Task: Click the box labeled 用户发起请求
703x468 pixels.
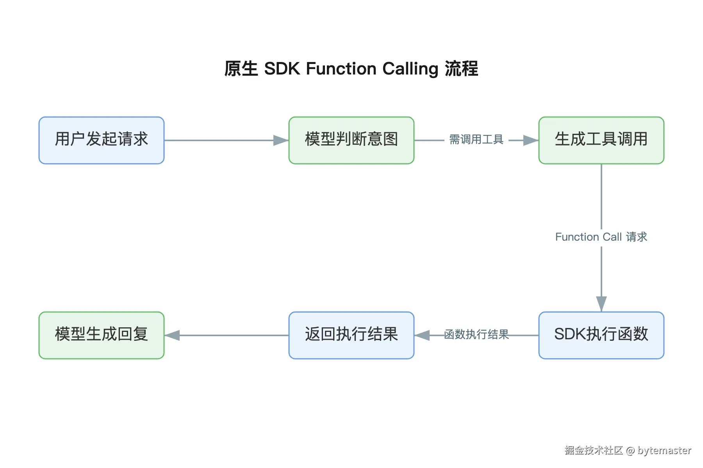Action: pos(102,140)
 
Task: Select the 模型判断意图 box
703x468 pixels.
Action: pos(351,140)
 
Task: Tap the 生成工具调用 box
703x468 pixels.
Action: pos(601,140)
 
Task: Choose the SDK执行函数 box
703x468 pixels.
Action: pos(601,335)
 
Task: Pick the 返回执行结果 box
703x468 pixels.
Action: pos(351,335)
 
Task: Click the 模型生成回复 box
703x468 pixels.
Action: pos(102,335)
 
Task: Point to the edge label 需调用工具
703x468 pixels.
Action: pos(476,140)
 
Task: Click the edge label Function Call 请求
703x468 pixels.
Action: pos(601,237)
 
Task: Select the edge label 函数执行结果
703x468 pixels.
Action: pos(476,335)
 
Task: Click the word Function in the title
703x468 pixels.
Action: pos(341,69)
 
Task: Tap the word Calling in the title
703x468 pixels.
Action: pos(410,69)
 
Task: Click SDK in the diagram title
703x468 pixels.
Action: pos(282,69)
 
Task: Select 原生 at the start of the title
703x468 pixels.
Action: pos(241,69)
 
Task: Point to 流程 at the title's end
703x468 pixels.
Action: pos(461,69)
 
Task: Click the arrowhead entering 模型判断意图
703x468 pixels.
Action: pos(281,140)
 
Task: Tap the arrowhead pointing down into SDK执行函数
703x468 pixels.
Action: pos(601,303)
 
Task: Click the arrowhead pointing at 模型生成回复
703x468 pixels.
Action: pos(172,335)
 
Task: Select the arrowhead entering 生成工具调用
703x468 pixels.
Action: pos(531,140)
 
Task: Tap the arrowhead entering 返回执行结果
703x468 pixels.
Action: pos(422,335)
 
